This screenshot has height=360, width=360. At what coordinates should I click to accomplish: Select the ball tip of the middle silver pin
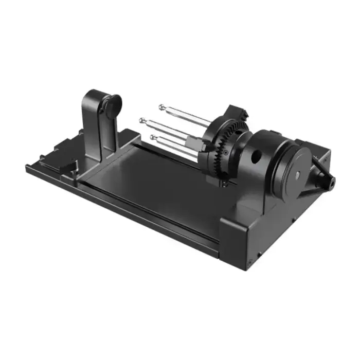(x=141, y=120)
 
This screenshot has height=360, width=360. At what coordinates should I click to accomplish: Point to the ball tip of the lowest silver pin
(x=153, y=137)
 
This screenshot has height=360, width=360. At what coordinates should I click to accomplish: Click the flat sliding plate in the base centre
(x=154, y=180)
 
